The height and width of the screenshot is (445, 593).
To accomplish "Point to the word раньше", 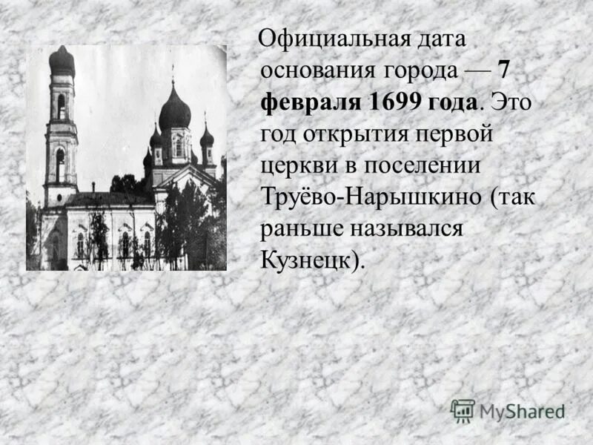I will point(298,228).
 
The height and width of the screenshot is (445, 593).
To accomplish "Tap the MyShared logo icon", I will point(463,410).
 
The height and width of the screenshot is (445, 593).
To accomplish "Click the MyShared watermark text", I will point(522,411).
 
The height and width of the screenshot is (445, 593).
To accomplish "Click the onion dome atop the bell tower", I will point(62,62).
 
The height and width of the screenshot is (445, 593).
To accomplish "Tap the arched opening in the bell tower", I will point(61,106).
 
